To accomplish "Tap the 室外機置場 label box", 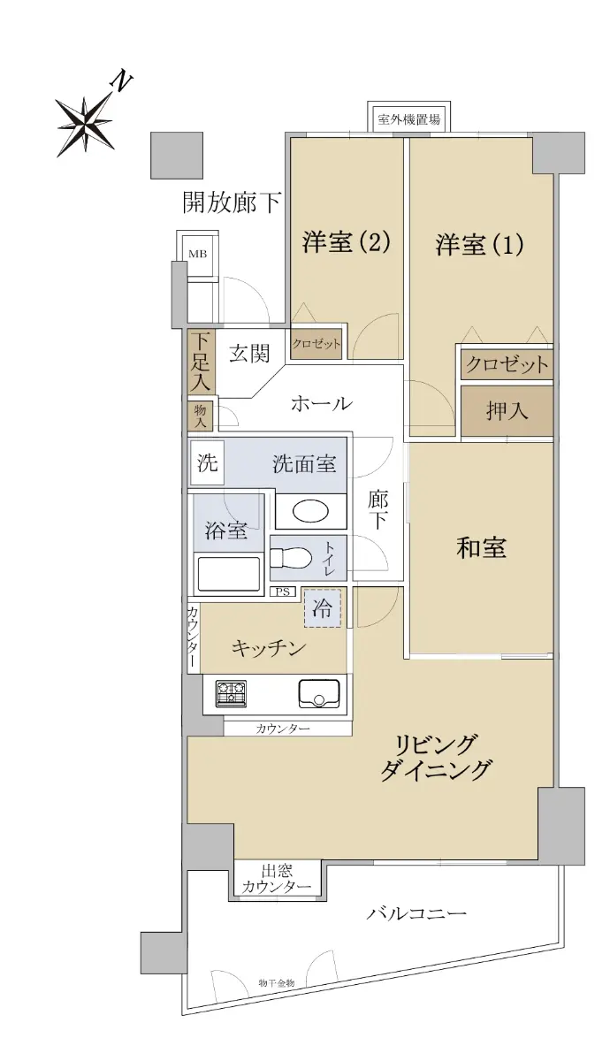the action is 408,118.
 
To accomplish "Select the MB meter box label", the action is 198,254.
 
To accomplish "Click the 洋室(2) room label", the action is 347,242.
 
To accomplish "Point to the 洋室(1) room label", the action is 479,244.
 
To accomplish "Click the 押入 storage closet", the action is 507,410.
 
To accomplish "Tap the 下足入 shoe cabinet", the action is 202,362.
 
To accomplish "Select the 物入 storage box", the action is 201,416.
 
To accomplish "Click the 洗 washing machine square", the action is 207,462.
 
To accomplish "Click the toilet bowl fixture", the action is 290,559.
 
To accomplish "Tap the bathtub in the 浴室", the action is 229,574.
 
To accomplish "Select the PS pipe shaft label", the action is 283,592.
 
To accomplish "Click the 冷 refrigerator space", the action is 322,608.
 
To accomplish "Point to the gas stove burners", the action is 231,694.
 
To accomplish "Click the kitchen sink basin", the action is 319,694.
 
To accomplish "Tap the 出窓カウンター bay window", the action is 277,879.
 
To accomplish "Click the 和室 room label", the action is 481,547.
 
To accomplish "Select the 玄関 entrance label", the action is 249,354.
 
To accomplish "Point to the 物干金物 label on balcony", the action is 277,982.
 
